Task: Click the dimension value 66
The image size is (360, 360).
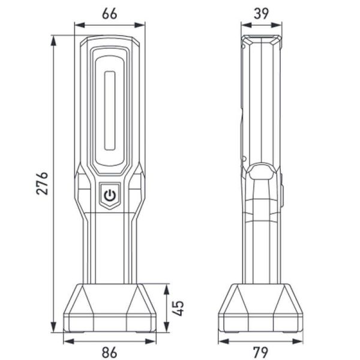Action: click(x=110, y=14)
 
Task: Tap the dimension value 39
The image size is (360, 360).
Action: click(x=261, y=14)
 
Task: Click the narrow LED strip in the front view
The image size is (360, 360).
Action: click(x=109, y=110)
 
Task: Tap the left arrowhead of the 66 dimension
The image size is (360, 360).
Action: click(x=77, y=25)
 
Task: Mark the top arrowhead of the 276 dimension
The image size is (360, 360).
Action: click(x=54, y=38)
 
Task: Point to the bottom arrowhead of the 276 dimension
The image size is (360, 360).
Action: click(x=54, y=329)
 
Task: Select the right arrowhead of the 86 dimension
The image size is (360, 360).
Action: click(x=153, y=341)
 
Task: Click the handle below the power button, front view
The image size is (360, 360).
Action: click(x=109, y=246)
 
